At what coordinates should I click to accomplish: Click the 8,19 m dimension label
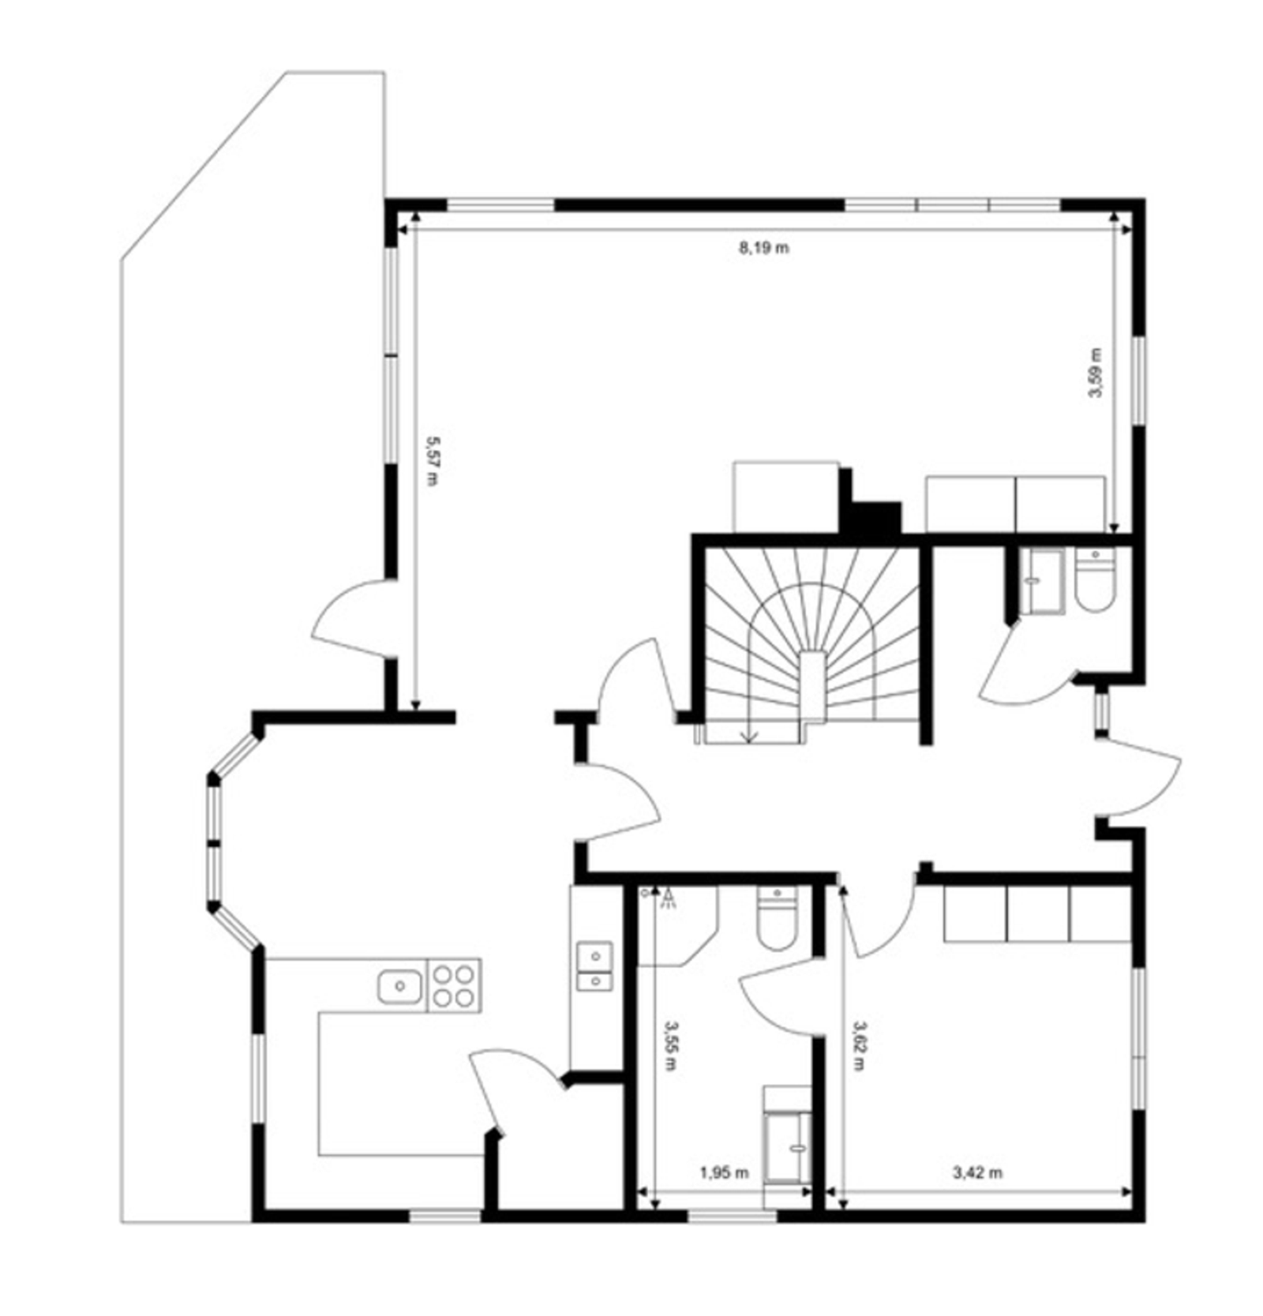[x=763, y=248]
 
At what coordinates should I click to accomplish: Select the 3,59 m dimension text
[x=1096, y=373]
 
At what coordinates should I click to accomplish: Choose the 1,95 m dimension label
[x=724, y=1173]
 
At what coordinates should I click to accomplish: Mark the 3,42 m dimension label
[x=977, y=1173]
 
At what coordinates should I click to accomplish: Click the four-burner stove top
[x=454, y=986]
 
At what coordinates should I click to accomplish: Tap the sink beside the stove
[x=399, y=986]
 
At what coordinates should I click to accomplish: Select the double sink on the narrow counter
[x=594, y=965]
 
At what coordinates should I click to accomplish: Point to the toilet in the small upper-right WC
[x=1095, y=580]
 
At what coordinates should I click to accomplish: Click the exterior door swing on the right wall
[x=1137, y=776]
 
